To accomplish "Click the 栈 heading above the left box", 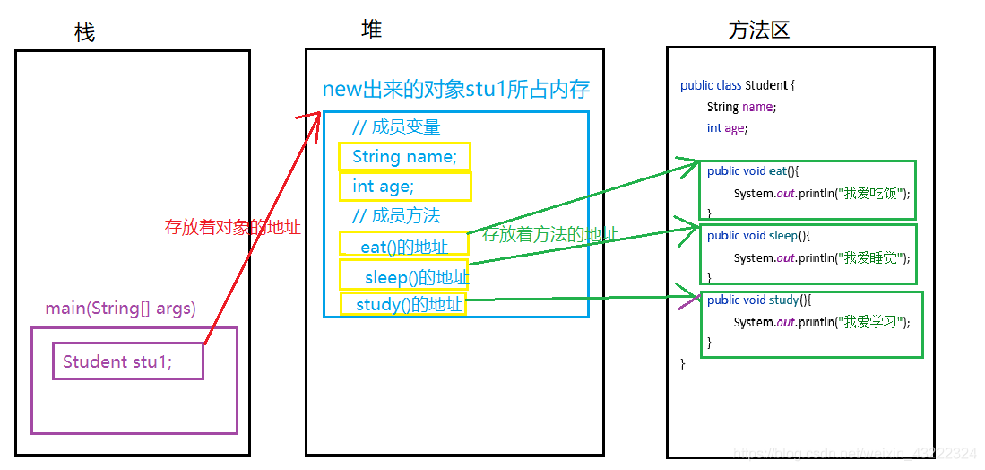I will (x=85, y=33).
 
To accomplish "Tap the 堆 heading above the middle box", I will (x=371, y=30).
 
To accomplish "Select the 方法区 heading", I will (x=758, y=30).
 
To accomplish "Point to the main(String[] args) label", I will (x=120, y=309).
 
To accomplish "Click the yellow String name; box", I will (x=404, y=157).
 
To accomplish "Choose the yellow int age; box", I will (x=404, y=186).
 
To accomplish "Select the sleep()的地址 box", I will (x=405, y=275).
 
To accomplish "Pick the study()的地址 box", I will (x=403, y=304).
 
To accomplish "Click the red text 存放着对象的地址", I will (x=232, y=227).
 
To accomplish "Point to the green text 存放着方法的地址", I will (x=550, y=235).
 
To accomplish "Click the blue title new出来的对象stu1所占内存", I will (x=455, y=90).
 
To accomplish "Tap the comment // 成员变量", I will (x=396, y=127).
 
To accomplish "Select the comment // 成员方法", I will (x=396, y=215).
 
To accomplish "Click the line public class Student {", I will (x=738, y=85).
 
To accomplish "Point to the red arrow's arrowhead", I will (x=315, y=117).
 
